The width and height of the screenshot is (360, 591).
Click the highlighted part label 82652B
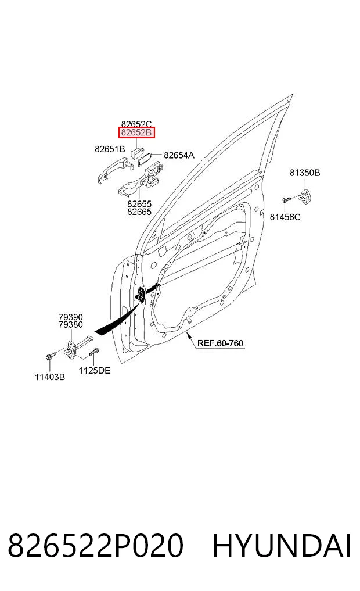pos(136,132)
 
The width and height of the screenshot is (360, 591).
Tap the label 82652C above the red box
pos(136,124)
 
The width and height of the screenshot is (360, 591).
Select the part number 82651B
pos(110,149)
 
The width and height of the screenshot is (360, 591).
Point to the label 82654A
pos(179,155)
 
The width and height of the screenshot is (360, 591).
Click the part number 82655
pos(139,204)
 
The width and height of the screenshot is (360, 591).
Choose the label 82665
pos(139,212)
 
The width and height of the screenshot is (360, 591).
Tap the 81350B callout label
pos(305,173)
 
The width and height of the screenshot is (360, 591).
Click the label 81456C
pos(285,217)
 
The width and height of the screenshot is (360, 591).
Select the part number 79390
pos(71,317)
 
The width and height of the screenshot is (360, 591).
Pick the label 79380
pos(71,324)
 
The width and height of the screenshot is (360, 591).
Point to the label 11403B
pos(50,377)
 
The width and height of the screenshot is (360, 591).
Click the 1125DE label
pos(95,371)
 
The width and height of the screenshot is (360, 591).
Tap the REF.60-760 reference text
pos(220,343)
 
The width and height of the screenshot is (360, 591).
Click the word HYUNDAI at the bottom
pos(282,546)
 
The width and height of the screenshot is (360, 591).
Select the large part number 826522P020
pos(96,546)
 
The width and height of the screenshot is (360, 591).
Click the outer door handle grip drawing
pos(113,170)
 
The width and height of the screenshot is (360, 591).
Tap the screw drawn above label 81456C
pos(286,200)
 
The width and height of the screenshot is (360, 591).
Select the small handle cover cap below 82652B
pos(137,152)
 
